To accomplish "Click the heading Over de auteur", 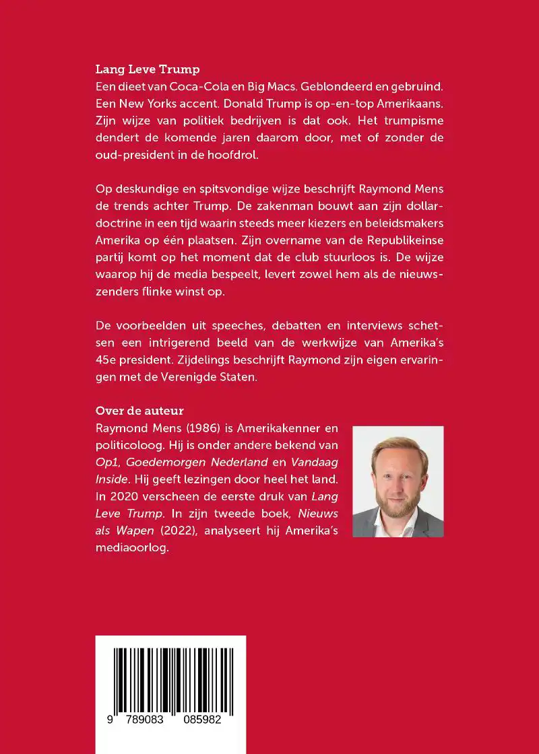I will point(139,411).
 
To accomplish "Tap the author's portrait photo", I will point(398,481).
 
